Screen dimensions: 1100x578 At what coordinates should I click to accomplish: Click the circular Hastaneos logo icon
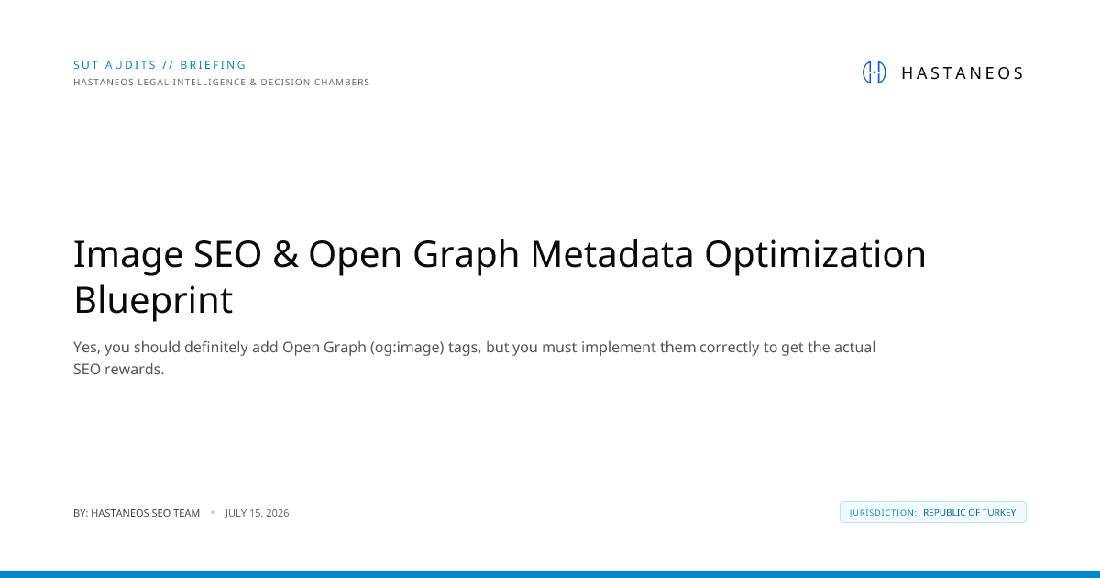click(x=874, y=72)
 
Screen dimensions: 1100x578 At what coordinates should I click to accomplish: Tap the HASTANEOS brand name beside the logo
click(x=962, y=73)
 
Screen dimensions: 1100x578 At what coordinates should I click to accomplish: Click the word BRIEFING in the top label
click(x=213, y=65)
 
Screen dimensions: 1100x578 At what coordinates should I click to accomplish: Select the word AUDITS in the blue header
click(x=131, y=65)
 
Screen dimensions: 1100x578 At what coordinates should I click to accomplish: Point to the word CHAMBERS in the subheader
click(x=342, y=82)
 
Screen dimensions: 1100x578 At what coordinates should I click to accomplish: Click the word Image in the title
click(x=128, y=256)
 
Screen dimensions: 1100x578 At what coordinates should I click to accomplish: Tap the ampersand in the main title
click(x=285, y=254)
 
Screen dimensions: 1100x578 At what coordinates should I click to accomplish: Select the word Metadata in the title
click(x=612, y=254)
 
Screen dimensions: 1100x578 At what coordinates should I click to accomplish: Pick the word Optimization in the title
click(x=815, y=256)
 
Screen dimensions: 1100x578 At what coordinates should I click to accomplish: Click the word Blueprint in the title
click(x=153, y=301)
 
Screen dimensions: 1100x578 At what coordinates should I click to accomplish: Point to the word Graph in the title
click(x=466, y=256)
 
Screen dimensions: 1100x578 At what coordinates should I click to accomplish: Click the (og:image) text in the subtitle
click(x=407, y=348)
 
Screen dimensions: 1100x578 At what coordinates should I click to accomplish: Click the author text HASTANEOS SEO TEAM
click(x=146, y=513)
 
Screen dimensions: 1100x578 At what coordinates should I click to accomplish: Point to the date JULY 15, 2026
click(x=258, y=513)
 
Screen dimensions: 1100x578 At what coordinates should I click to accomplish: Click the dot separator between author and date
click(x=213, y=512)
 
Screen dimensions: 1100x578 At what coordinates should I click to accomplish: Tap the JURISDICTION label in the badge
click(x=883, y=513)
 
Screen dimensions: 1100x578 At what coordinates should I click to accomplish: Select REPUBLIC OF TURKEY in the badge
click(x=970, y=513)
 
